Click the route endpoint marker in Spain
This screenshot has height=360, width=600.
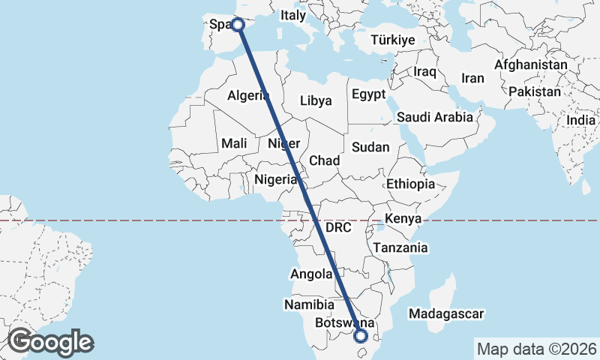pyautogui.click(x=238, y=25)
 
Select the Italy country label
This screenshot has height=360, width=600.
pyautogui.click(x=293, y=15)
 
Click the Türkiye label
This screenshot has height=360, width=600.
pyautogui.click(x=387, y=40)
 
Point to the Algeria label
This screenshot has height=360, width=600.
pyautogui.click(x=248, y=95)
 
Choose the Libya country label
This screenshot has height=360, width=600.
pyautogui.click(x=316, y=100)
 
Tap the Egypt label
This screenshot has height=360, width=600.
pyautogui.click(x=368, y=94)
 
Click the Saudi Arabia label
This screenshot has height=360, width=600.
pyautogui.click(x=435, y=117)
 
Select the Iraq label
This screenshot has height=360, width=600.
pyautogui.click(x=424, y=71)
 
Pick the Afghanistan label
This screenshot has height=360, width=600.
pyautogui.click(x=530, y=65)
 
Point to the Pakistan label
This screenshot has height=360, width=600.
pyautogui.click(x=534, y=91)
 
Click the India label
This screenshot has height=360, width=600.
pyautogui.click(x=581, y=120)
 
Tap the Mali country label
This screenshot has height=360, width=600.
pyautogui.click(x=235, y=143)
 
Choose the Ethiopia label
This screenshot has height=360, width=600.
pyautogui.click(x=410, y=184)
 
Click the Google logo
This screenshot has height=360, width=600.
pyautogui.click(x=50, y=342)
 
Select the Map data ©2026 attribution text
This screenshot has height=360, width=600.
pyautogui.click(x=536, y=349)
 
